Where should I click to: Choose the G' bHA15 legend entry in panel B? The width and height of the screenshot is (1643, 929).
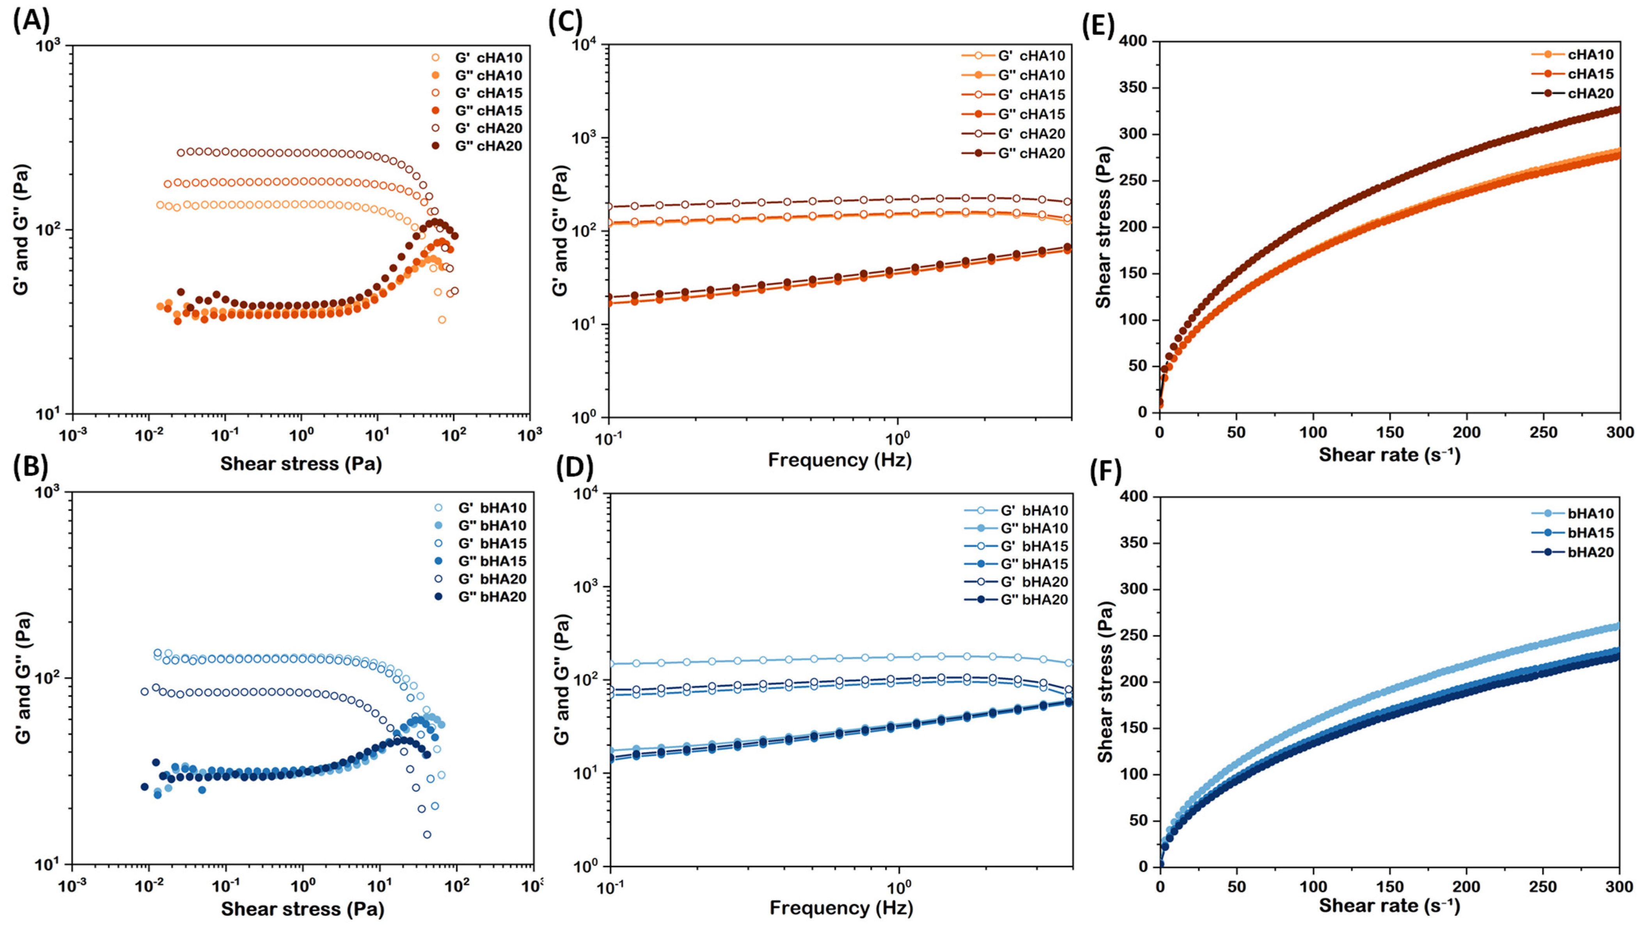coord(480,544)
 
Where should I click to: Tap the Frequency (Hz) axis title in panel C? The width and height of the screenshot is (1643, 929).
coord(839,460)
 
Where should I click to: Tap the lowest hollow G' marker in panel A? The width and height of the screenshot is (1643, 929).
coord(441,320)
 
